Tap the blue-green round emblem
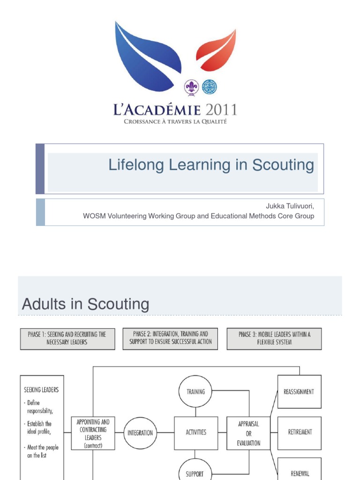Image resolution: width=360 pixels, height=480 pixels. (209, 87)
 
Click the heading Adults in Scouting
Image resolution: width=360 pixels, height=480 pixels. (86, 304)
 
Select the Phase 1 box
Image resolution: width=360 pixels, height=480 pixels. (67, 338)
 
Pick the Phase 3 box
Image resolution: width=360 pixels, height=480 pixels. (274, 338)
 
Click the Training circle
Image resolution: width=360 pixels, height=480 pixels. (195, 391)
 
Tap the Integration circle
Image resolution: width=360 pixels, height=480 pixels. (140, 433)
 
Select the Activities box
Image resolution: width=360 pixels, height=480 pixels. (195, 433)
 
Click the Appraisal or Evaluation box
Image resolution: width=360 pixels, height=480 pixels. (248, 433)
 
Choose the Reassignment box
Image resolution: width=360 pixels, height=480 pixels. (299, 391)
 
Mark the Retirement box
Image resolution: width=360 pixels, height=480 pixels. (299, 433)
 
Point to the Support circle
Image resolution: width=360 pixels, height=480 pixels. (195, 472)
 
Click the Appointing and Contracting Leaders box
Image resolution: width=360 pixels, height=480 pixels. (92, 433)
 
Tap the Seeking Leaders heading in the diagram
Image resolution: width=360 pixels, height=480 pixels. (41, 390)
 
